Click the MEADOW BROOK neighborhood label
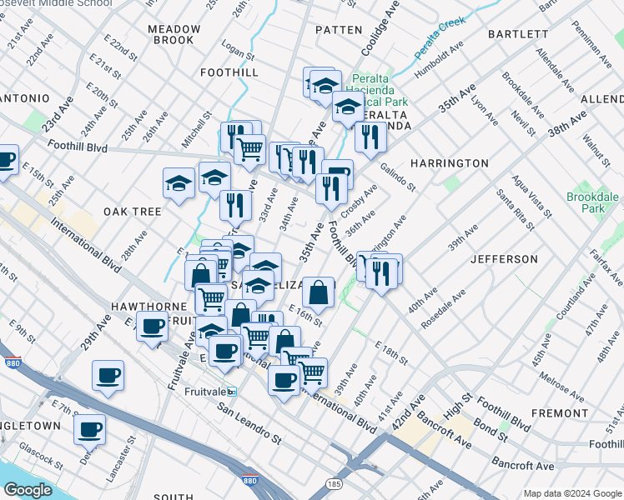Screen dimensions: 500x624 click(x=170, y=34)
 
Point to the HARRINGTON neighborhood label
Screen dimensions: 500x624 click(x=449, y=163)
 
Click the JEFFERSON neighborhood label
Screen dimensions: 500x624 click(x=504, y=259)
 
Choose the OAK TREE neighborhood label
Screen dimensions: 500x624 click(x=133, y=212)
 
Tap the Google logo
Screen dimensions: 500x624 click(x=28, y=490)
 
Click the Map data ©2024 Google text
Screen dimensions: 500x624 click(x=571, y=493)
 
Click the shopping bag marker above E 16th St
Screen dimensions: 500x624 click(x=319, y=292)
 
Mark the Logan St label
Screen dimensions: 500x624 click(x=238, y=52)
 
